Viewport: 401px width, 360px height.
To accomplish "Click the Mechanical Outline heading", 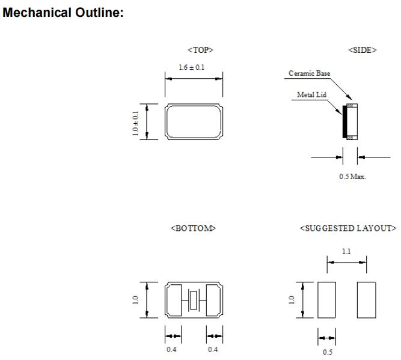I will [x=63, y=13].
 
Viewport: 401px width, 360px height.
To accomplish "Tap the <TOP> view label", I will [x=200, y=50].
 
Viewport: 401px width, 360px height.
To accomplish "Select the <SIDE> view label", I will [x=363, y=50].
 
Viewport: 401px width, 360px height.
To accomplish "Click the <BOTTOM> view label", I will [x=194, y=228].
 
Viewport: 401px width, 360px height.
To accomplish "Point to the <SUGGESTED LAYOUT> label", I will [x=348, y=228].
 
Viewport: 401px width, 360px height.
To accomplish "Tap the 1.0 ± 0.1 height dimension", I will [x=136, y=122].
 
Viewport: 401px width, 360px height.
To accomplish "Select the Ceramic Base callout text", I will [x=310, y=73].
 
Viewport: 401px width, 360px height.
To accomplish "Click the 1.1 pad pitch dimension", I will [x=346, y=252].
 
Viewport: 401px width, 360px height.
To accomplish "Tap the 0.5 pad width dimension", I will [x=327, y=352].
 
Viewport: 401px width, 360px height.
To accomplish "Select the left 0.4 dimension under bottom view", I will [x=173, y=350].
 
